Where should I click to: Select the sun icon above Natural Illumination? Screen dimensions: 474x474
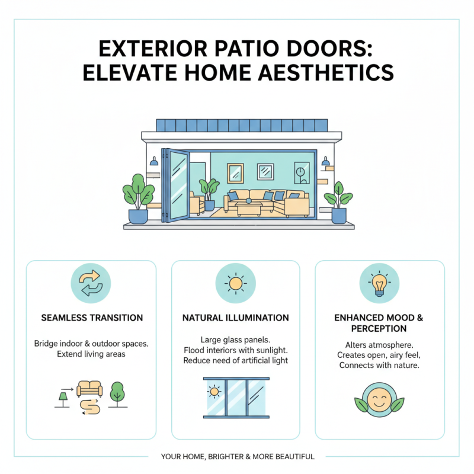pyautogui.click(x=236, y=284)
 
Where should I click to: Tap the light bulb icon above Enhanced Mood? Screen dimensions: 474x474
pyautogui.click(x=379, y=284)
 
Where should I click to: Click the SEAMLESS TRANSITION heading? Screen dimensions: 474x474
pyautogui.click(x=91, y=318)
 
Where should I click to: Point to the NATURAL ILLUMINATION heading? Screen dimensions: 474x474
pyautogui.click(x=236, y=318)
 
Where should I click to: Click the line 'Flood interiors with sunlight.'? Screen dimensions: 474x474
pyautogui.click(x=235, y=350)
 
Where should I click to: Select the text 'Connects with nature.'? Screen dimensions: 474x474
pyautogui.click(x=379, y=366)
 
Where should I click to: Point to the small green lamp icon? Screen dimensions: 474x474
pyautogui.click(x=62, y=398)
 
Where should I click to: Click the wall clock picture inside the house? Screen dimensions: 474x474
pyautogui.click(x=301, y=172)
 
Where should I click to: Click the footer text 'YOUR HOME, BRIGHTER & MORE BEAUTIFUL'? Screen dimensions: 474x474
pyautogui.click(x=237, y=457)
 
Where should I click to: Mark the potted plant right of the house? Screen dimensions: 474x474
pyautogui.click(x=338, y=201)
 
